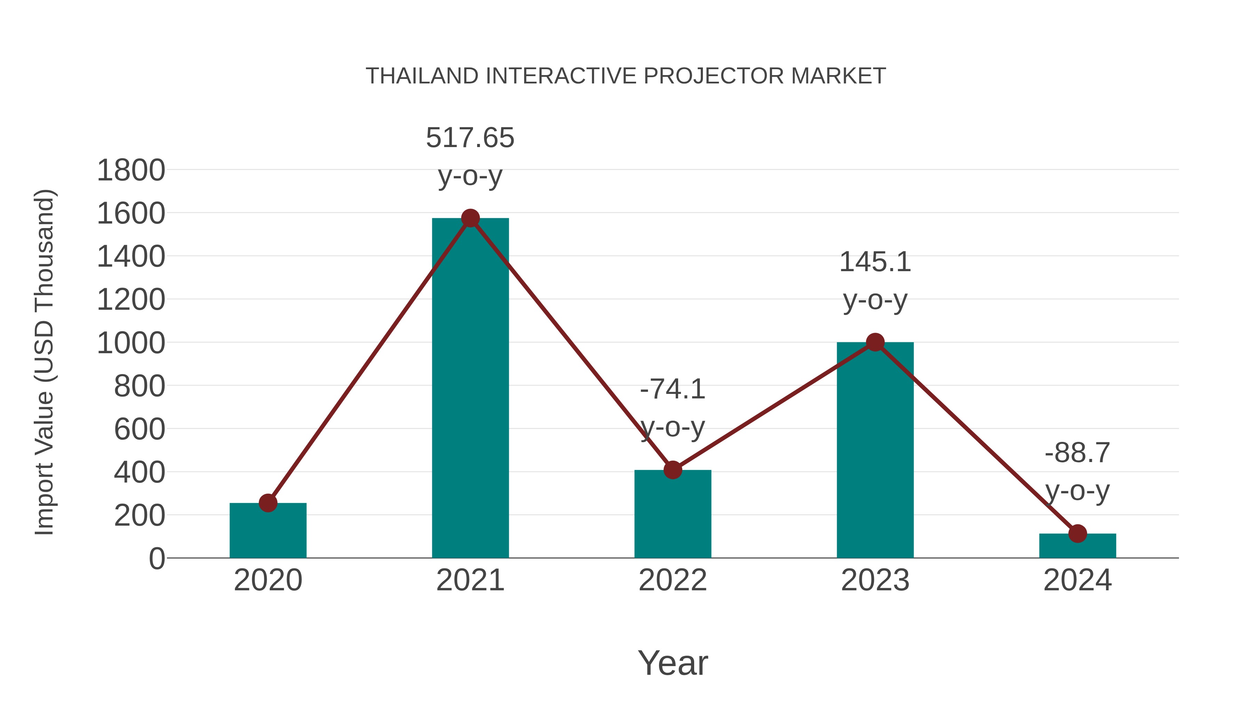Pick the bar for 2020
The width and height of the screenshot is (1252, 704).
coord(268,532)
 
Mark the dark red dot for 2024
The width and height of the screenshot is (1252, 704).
coord(1077,533)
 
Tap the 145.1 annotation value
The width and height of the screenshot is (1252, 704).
coord(875,262)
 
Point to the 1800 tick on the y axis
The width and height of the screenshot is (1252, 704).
coord(131,171)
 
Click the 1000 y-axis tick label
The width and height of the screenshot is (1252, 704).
coord(131,343)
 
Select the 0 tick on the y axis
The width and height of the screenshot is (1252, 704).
coord(156,558)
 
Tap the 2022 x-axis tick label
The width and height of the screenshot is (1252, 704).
coord(673,580)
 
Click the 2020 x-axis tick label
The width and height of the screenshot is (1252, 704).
coord(268,580)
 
